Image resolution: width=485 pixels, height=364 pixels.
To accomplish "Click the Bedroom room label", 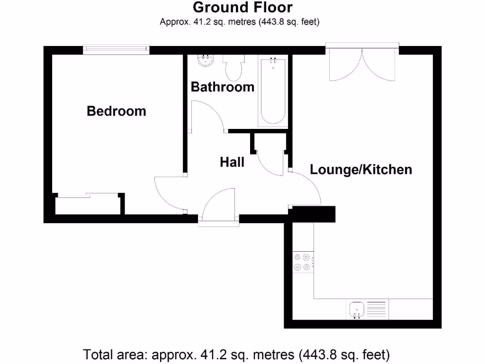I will pos(117,111).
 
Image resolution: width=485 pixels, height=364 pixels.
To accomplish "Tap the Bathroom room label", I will pos(222,87).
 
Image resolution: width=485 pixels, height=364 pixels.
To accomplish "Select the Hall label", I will pos(232,162).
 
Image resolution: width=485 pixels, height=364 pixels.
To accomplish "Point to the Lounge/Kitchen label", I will pos(360,169).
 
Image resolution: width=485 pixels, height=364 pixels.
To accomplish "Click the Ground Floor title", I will pos(242,8).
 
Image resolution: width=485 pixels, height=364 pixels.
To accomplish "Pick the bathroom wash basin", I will pos(206,60).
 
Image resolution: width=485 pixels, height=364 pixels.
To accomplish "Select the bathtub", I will pos(273,91).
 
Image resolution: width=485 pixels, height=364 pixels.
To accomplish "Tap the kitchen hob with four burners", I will pos(303,263).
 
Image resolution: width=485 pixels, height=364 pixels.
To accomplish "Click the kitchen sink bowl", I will pos(356,309).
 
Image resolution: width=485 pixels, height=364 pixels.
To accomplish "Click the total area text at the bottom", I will pos(236,354).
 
